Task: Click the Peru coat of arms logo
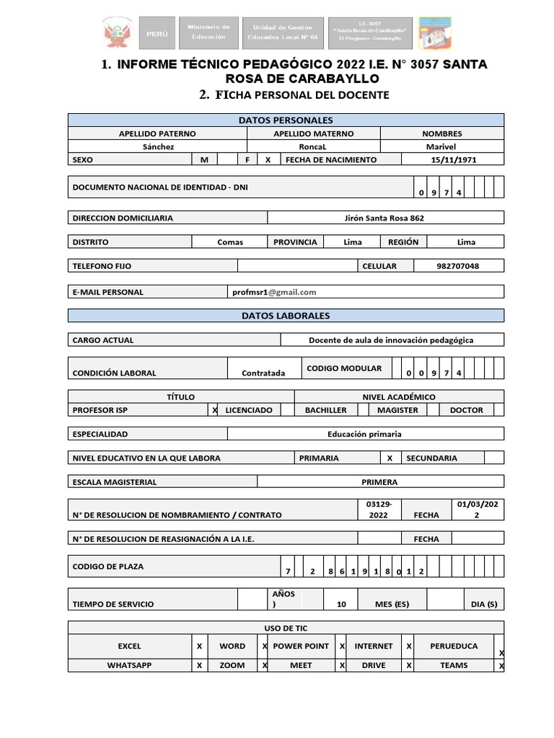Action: pyautogui.click(x=115, y=34)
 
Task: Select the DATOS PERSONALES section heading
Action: pyautogui.click(x=286, y=120)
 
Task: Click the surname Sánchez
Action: pyautogui.click(x=157, y=146)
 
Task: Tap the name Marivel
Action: pyautogui.click(x=441, y=146)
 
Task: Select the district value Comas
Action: pyautogui.click(x=230, y=242)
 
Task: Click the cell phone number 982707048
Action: pyautogui.click(x=457, y=266)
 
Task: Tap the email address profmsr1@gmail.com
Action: pyautogui.click(x=274, y=292)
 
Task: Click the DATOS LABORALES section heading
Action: pyautogui.click(x=286, y=316)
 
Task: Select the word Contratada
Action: pyautogui.click(x=263, y=373)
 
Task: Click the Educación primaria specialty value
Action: pyautogui.click(x=364, y=434)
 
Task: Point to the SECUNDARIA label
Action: pyautogui.click(x=431, y=458)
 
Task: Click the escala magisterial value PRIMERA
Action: pyautogui.click(x=379, y=482)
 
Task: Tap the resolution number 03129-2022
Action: pyautogui.click(x=378, y=509)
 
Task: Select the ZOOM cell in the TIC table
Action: pyautogui.click(x=232, y=665)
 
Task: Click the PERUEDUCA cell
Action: pyautogui.click(x=453, y=646)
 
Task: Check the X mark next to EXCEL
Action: pyautogui.click(x=199, y=646)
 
